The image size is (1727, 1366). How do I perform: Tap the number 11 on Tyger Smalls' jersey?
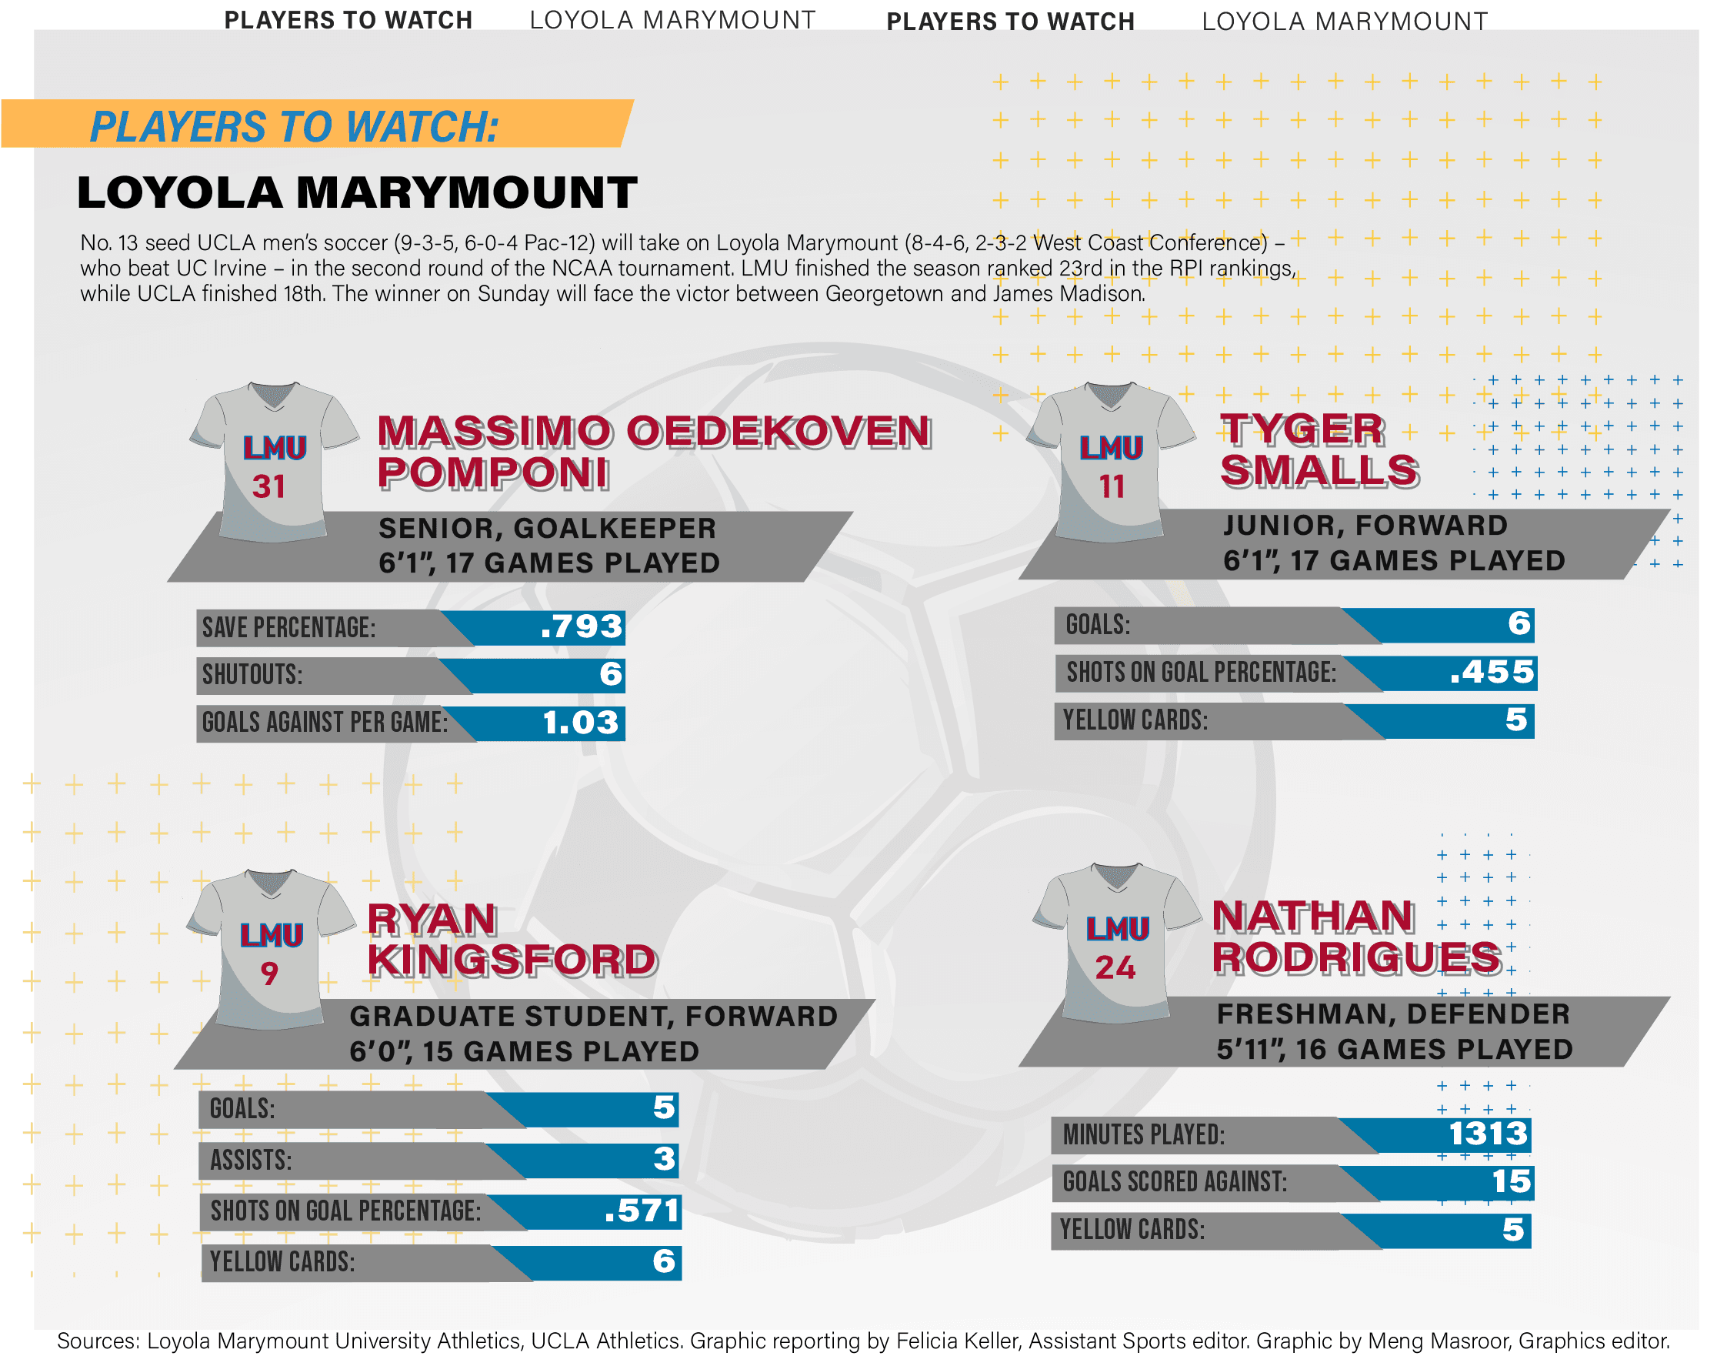1112,486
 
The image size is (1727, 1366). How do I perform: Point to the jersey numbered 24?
1115,944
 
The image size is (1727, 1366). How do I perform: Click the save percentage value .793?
582,626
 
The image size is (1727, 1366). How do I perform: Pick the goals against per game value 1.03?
581,722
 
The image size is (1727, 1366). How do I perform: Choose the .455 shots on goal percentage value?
1492,672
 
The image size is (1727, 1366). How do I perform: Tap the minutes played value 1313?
1487,1134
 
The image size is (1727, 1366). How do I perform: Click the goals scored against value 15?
1510,1181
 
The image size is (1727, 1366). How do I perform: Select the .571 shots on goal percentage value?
642,1211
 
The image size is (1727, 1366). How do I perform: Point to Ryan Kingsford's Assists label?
250,1160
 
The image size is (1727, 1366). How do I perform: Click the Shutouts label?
252,674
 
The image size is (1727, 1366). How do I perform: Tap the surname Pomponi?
492,473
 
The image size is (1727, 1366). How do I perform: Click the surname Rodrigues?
1356,957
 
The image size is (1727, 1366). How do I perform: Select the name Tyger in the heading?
1302,429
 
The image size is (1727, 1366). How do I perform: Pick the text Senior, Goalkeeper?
547,529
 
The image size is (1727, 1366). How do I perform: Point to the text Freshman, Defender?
1393,1014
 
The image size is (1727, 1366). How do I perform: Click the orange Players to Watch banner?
316,124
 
